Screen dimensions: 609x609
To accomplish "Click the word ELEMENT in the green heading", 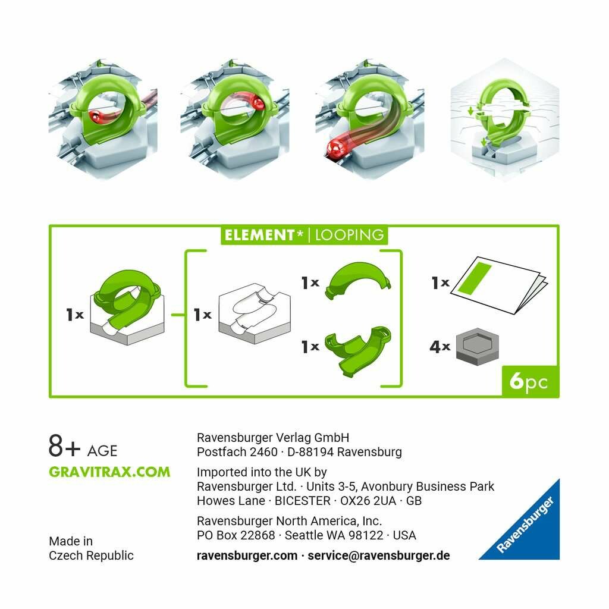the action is (259, 235).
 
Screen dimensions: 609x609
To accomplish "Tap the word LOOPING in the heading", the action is (349, 235).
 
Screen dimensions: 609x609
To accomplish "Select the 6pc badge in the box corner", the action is (530, 381).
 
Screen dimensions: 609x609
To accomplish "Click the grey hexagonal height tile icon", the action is (477, 347).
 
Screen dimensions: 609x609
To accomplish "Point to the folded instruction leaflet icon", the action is (499, 285).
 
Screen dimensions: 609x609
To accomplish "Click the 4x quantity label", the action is (440, 346).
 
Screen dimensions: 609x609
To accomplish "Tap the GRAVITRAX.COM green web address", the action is (109, 472).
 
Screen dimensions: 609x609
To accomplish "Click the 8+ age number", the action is (64, 446).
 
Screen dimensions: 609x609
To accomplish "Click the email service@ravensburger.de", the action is (379, 555).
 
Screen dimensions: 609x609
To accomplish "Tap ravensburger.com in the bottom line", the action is (247, 555).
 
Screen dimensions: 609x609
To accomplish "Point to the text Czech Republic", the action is (91, 555).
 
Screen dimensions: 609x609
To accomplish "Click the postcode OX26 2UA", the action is (368, 501).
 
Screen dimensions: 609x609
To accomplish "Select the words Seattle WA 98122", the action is (334, 535).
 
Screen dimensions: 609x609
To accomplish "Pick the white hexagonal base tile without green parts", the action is (255, 313).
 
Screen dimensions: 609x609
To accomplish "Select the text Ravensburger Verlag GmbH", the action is (273, 438).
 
